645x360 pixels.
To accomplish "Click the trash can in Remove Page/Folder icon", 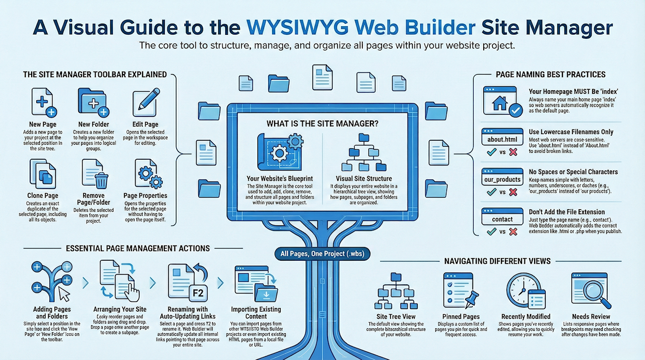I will [x=102, y=180].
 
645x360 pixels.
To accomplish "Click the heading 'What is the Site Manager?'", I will [x=322, y=123].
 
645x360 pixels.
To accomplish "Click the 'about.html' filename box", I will [x=499, y=139].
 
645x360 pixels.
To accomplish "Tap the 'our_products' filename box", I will [x=501, y=179].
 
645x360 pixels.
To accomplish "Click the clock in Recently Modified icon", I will [x=521, y=287].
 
